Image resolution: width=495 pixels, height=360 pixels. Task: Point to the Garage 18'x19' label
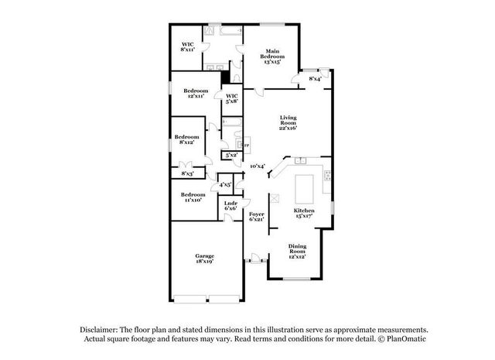pyautogui.click(x=204, y=259)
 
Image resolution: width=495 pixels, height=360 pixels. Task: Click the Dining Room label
pyautogui.click(x=297, y=251)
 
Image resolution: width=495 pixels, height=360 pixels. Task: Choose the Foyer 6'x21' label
pyautogui.click(x=256, y=216)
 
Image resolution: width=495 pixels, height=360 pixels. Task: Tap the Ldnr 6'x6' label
pyautogui.click(x=230, y=205)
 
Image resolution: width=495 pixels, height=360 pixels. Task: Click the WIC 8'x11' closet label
pyautogui.click(x=187, y=46)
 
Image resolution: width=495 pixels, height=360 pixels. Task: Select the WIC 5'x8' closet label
pyautogui.click(x=231, y=98)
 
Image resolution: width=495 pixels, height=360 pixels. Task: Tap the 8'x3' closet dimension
pyautogui.click(x=187, y=174)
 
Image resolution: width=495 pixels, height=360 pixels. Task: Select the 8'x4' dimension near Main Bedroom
pyautogui.click(x=316, y=79)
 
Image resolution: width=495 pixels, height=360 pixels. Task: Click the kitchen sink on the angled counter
pyautogui.click(x=300, y=160)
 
